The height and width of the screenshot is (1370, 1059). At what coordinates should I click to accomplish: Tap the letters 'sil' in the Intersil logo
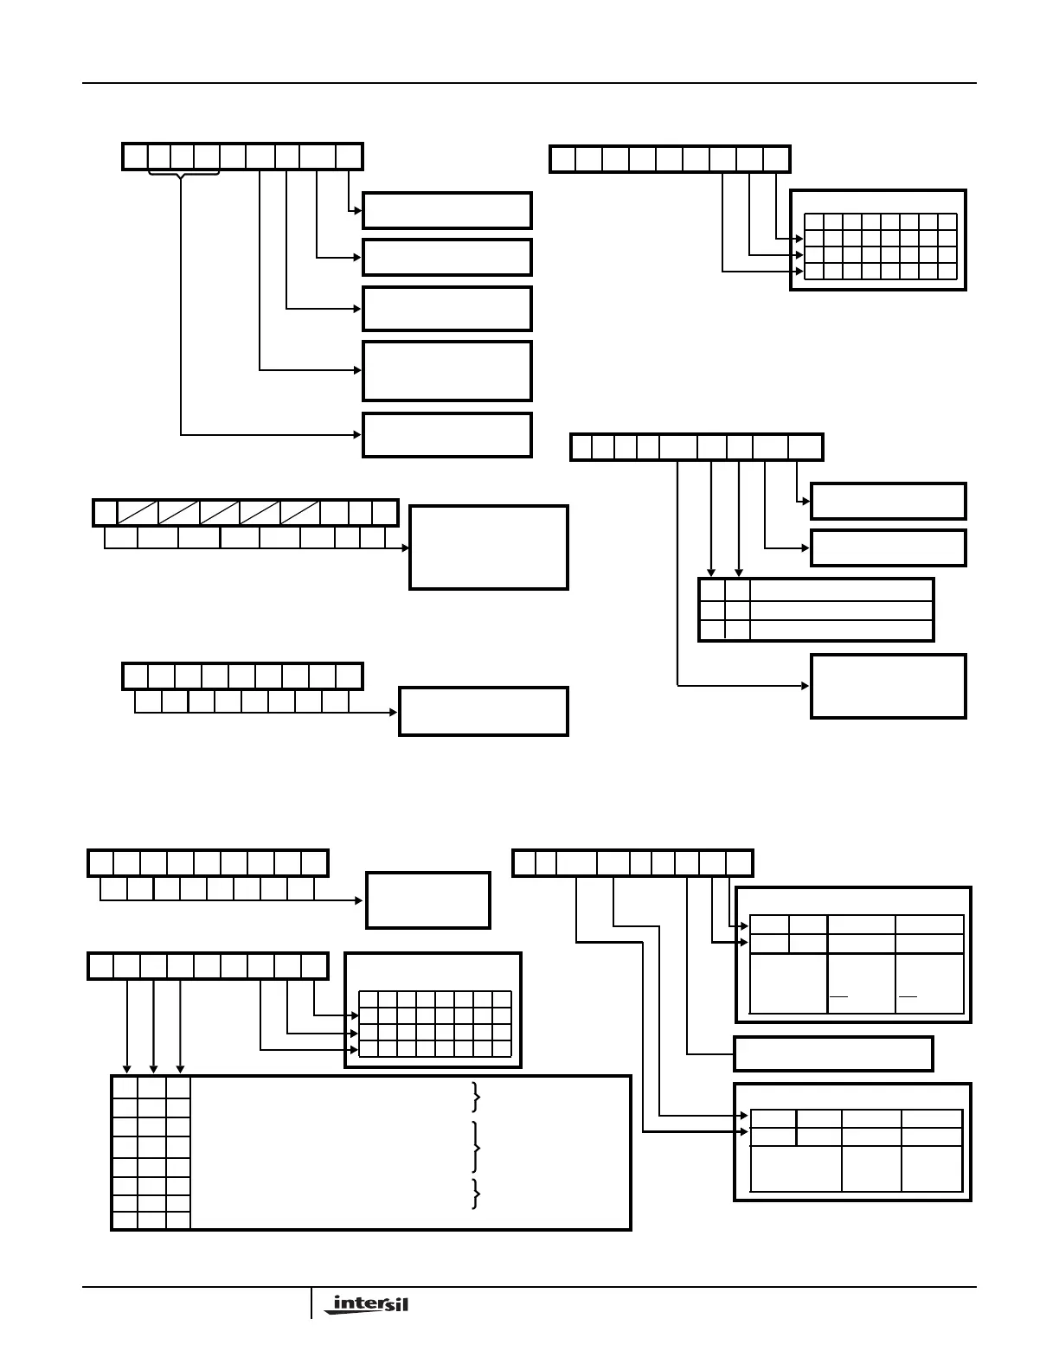[x=393, y=1303]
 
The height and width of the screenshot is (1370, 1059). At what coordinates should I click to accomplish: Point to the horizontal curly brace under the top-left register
[x=183, y=176]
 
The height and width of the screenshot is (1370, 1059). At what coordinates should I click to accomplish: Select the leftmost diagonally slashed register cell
[x=137, y=513]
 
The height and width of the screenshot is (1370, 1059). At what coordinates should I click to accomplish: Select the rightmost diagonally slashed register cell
[x=299, y=513]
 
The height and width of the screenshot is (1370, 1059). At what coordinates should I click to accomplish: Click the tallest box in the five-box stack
[x=446, y=371]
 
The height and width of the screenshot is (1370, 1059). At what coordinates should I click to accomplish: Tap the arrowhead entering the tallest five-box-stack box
[x=357, y=371]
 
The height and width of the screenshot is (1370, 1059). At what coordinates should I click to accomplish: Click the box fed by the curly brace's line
[x=446, y=435]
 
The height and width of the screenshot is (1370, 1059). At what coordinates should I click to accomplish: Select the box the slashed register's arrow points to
[x=488, y=547]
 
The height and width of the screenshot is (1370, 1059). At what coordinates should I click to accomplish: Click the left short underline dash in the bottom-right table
[x=838, y=997]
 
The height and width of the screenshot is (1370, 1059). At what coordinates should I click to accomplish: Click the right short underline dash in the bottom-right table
[x=908, y=997]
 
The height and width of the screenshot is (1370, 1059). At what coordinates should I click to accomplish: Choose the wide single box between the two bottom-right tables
[x=833, y=1053]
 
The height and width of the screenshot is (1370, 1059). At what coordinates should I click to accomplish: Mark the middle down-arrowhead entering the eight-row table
[x=154, y=1069]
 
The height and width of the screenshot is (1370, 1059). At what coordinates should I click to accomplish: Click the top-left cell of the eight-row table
[x=125, y=1088]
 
